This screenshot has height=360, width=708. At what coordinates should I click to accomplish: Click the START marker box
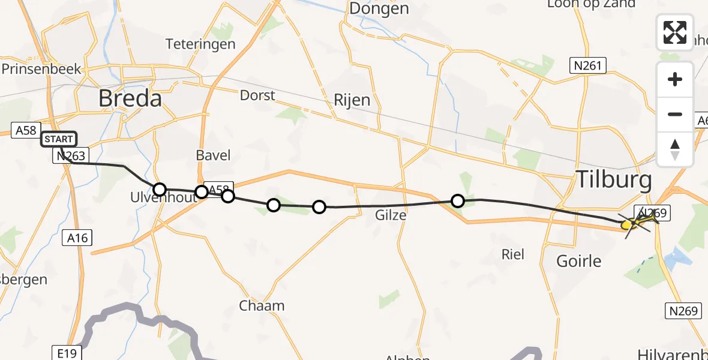click(59, 139)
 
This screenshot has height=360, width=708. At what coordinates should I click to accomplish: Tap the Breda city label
click(130, 98)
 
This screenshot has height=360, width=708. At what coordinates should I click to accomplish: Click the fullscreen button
click(675, 32)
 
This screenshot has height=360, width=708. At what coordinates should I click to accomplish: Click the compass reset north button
click(675, 149)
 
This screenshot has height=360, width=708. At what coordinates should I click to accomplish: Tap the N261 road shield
click(588, 65)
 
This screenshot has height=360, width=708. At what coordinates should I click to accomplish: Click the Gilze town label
click(391, 215)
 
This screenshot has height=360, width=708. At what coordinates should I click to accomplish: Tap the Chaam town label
click(262, 305)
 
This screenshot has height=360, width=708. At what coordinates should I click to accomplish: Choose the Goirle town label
click(579, 262)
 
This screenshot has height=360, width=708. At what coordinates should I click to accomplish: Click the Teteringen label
click(200, 44)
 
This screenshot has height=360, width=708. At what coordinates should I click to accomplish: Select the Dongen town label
click(379, 8)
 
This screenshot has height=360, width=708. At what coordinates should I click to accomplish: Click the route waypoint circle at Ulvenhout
click(160, 190)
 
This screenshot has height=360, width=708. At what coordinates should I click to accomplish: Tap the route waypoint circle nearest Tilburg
click(458, 200)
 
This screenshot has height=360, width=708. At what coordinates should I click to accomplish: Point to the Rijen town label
click(352, 100)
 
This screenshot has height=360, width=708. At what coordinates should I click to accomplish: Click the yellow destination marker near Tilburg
click(627, 224)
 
